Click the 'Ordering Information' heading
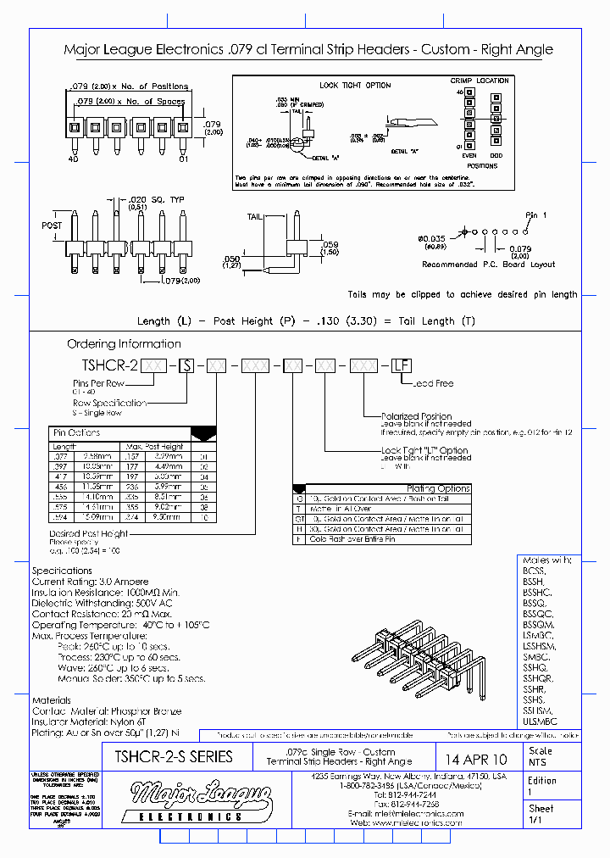[124, 343]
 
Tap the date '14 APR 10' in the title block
[476, 759]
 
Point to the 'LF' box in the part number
[401, 365]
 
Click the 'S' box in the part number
[189, 365]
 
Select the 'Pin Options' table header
[77, 432]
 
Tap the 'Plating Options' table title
[438, 488]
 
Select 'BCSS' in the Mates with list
[535, 571]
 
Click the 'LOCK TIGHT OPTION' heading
[355, 86]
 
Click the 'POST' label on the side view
[52, 226]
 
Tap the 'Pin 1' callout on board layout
[537, 215]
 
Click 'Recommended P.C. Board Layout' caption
[489, 265]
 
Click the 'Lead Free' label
[435, 383]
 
